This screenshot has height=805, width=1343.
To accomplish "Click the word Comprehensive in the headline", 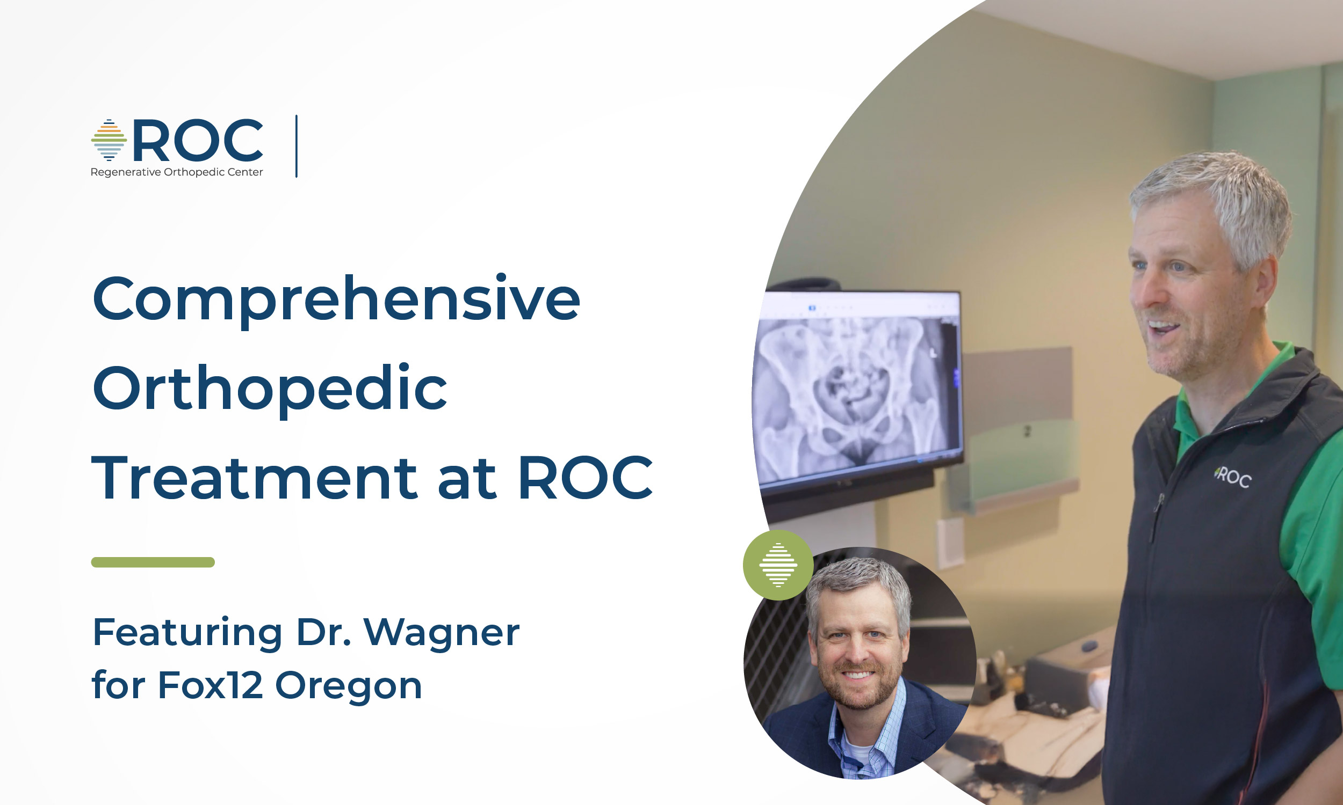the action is (x=337, y=300).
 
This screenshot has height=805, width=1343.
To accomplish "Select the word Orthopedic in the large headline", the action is (x=270, y=390).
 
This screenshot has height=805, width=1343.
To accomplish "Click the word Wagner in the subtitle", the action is (x=442, y=633).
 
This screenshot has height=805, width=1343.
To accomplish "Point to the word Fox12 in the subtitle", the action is (x=211, y=685).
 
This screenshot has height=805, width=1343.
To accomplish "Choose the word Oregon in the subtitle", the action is (x=349, y=687).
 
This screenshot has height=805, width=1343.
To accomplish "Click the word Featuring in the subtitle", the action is (x=188, y=633).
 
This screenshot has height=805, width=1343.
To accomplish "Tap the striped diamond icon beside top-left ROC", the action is (x=109, y=140).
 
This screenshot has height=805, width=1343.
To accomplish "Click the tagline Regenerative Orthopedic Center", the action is (x=176, y=172).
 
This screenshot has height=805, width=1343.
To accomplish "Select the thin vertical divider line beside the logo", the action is (x=297, y=146).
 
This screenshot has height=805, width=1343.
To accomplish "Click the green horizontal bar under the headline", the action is (x=153, y=562).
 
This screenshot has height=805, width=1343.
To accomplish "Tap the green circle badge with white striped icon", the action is (x=778, y=565).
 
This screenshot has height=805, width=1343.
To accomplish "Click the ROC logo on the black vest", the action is (x=1233, y=477).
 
